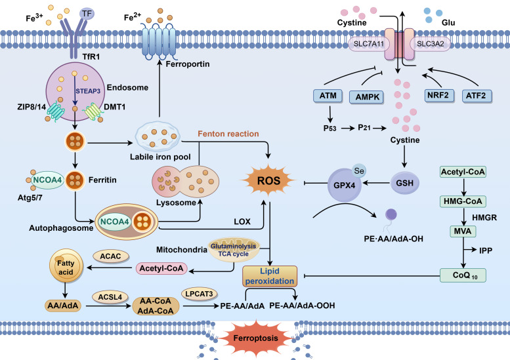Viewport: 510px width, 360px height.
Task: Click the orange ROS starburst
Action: click(x=268, y=180)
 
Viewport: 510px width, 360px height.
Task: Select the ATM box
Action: click(x=328, y=96)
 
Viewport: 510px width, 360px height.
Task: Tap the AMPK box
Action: click(x=366, y=97)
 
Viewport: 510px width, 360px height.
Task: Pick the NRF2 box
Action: click(x=439, y=96)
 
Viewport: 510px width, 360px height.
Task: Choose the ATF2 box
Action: click(x=477, y=96)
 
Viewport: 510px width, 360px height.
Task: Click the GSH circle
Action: click(x=404, y=183)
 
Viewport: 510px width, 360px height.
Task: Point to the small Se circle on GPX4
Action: click(x=359, y=171)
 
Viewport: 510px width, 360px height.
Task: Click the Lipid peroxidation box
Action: click(x=270, y=276)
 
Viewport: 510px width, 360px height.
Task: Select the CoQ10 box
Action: click(x=463, y=275)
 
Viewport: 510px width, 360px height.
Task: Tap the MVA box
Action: click(x=463, y=231)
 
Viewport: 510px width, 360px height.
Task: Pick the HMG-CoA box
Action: click(x=463, y=201)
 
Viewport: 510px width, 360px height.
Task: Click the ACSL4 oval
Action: click(x=110, y=297)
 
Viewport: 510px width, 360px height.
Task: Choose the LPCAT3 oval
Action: click(x=199, y=294)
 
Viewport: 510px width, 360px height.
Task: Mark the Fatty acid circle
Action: click(x=66, y=266)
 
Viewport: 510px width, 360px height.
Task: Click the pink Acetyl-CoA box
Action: click(x=161, y=269)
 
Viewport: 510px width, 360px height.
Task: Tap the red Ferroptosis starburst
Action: click(x=256, y=338)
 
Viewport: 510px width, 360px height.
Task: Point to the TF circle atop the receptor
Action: click(x=87, y=14)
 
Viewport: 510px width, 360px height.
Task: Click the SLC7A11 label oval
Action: click(x=368, y=44)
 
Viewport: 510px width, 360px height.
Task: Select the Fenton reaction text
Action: click(x=228, y=134)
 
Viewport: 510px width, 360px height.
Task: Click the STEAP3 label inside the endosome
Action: click(x=88, y=91)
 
